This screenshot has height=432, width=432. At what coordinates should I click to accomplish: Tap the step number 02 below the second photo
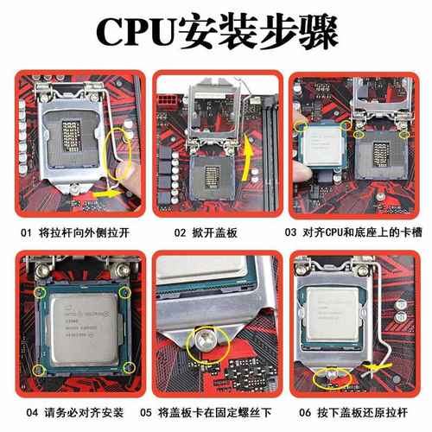(x=180, y=232)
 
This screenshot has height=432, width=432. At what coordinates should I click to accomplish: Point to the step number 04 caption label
(x=25, y=413)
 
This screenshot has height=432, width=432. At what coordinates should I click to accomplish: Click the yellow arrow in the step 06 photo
(x=381, y=372)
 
